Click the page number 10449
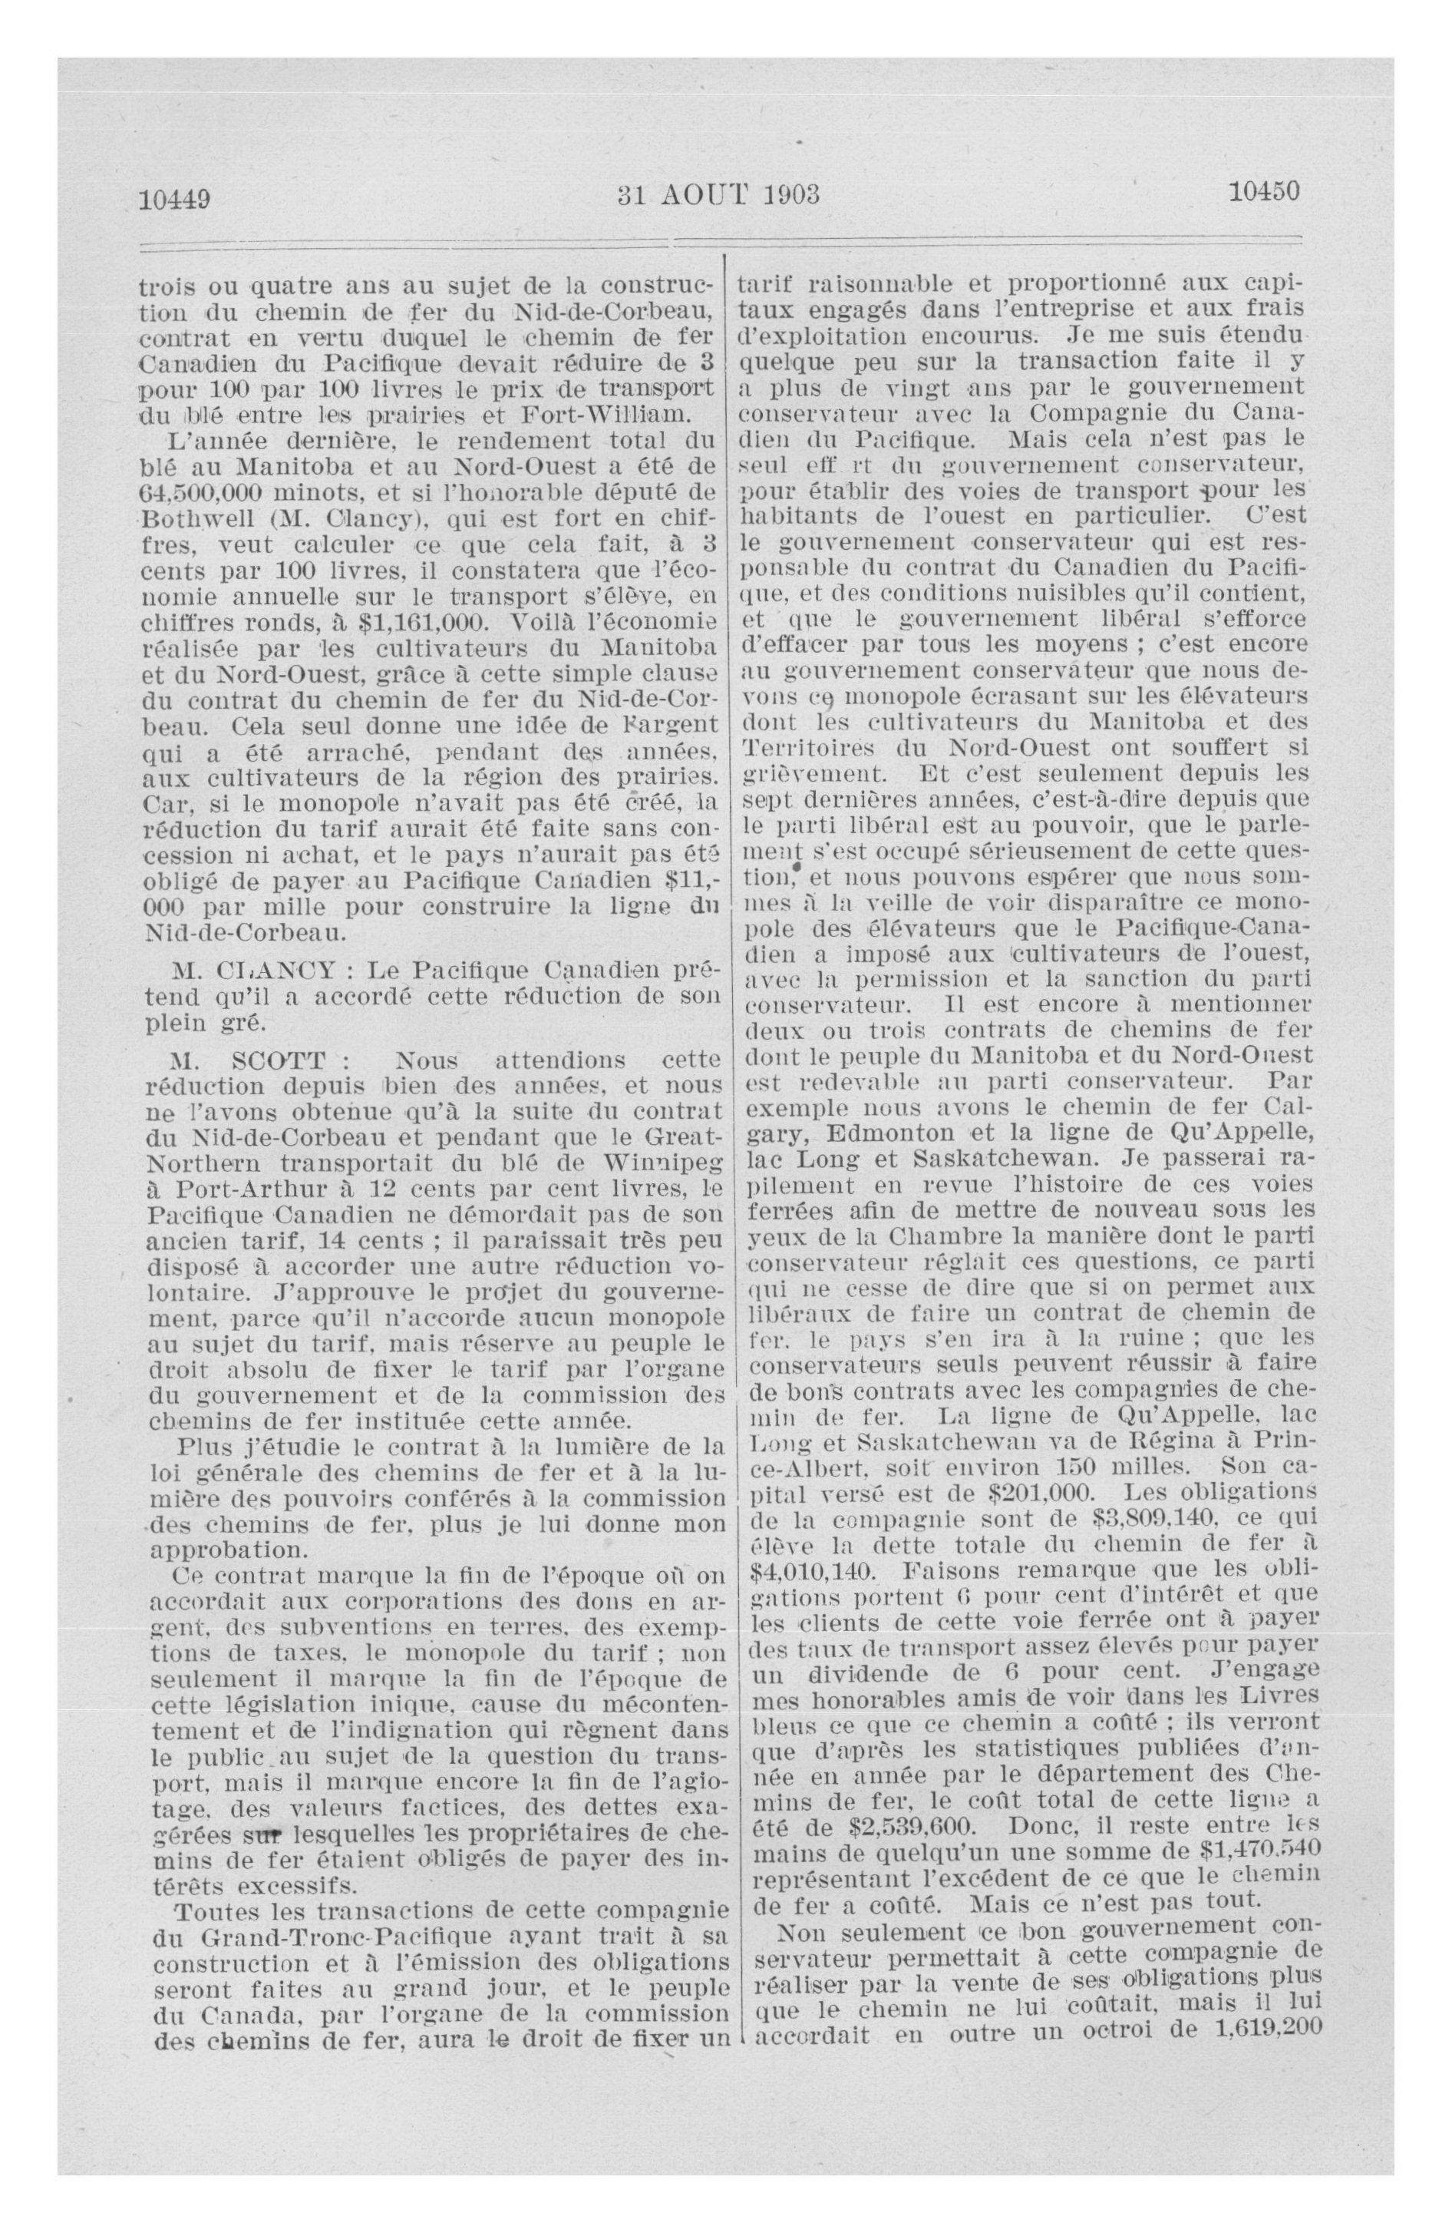[174, 199]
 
